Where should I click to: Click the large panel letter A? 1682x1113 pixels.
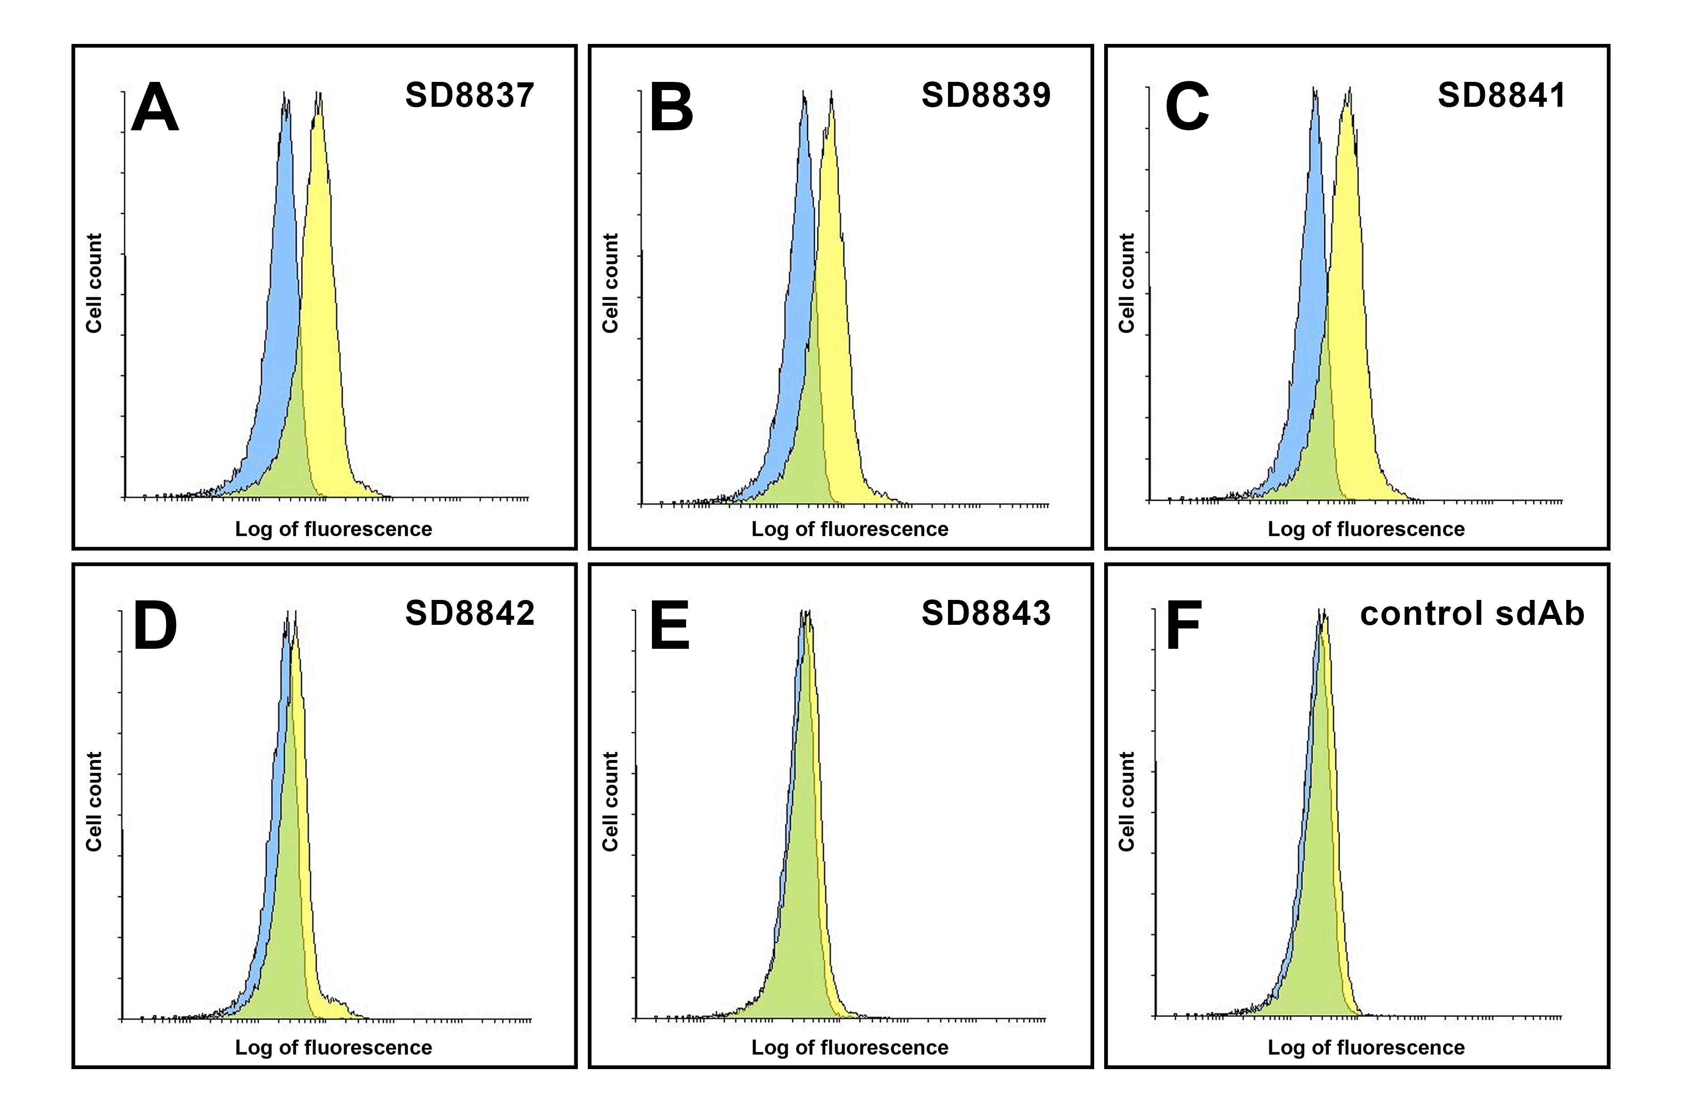(155, 108)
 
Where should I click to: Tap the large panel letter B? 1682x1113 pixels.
(671, 108)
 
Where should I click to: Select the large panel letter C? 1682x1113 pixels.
(1187, 108)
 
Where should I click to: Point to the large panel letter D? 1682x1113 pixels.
(155, 626)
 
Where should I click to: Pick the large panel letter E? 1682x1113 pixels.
(669, 626)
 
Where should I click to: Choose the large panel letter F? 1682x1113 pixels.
(1183, 626)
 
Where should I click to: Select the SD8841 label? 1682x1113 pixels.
(1501, 95)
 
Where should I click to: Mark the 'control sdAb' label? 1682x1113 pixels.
(1472, 614)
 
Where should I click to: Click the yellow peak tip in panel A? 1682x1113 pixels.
(319, 94)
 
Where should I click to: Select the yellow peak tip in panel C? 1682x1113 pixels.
(1349, 90)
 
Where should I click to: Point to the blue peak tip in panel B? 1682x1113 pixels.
(804, 92)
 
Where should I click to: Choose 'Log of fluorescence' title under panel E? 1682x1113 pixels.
(849, 1048)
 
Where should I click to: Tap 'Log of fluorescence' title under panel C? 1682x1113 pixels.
(1365, 529)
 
